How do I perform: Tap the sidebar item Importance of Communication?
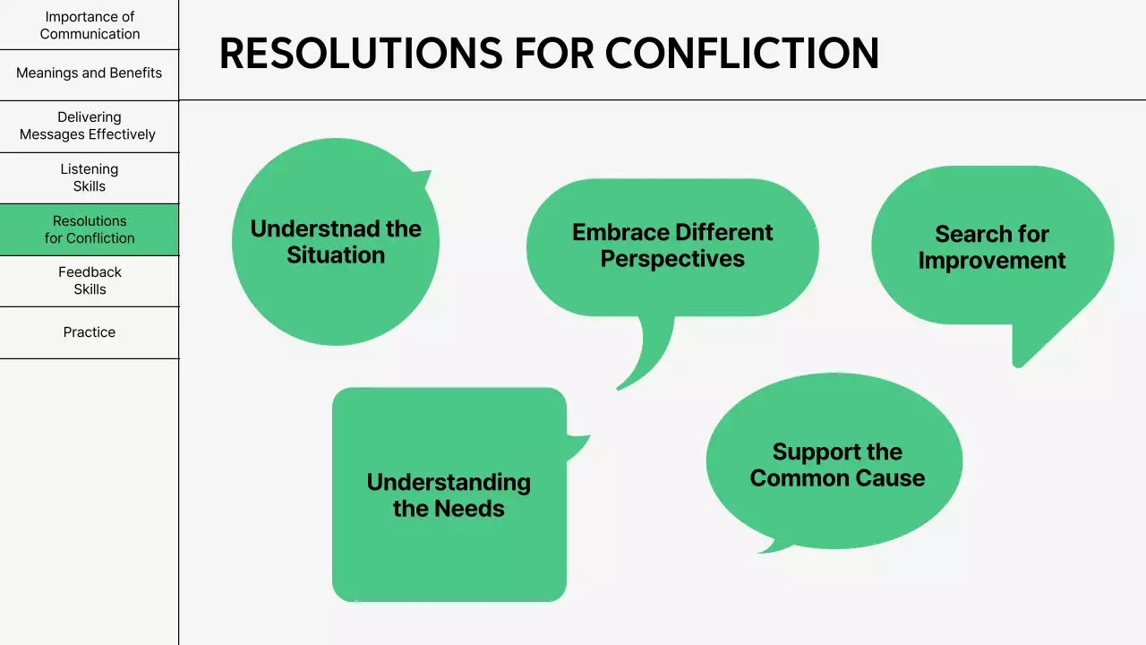[90, 25]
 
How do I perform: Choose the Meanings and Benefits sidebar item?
[90, 73]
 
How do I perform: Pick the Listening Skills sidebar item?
[90, 177]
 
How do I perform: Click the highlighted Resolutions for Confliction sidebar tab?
[90, 229]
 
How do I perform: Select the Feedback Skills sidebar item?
[90, 280]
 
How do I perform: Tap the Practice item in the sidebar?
[90, 332]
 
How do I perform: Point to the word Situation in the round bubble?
[336, 255]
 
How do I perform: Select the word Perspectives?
[672, 259]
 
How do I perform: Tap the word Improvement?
[992, 261]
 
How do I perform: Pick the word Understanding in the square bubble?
[449, 482]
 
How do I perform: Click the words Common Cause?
[837, 478]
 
